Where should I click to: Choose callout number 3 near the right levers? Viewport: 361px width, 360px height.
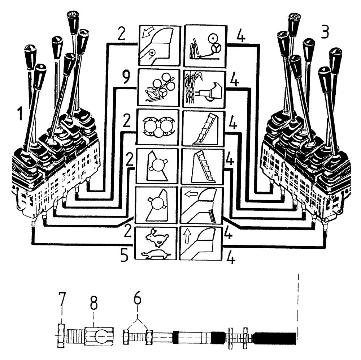(x=325, y=33)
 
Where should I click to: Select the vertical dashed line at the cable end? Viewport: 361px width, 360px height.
(x=298, y=307)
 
